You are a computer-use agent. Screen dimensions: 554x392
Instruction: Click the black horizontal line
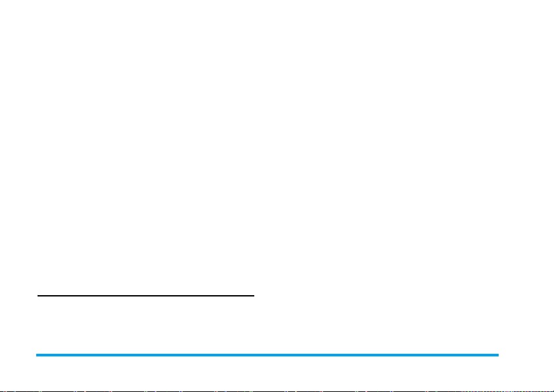tap(145, 296)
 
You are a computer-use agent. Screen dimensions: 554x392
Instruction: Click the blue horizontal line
tap(267, 355)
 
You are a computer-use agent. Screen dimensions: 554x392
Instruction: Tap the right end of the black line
tap(254, 296)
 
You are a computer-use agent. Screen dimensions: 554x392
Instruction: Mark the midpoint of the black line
tap(145, 296)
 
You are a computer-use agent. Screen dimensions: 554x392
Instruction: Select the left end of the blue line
tap(36, 355)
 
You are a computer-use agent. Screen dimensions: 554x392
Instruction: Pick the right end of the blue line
tap(499, 355)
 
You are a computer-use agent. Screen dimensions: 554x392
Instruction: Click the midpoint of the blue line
tap(267, 355)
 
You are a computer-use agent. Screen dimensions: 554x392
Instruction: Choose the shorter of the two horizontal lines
tap(145, 296)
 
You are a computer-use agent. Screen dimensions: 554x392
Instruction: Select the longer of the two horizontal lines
tap(267, 355)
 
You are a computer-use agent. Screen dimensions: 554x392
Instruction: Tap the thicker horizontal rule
tap(267, 355)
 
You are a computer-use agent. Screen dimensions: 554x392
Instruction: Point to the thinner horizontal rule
tap(145, 296)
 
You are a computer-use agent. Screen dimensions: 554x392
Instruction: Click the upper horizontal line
tap(145, 296)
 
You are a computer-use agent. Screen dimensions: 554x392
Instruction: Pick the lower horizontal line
tap(267, 355)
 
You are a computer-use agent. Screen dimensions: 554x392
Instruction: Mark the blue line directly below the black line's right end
tap(254, 355)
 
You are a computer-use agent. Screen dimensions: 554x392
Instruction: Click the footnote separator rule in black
tap(145, 296)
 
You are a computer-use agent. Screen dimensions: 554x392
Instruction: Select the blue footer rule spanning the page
tap(267, 355)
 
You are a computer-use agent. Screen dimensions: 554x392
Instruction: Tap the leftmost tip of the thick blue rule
tap(36, 355)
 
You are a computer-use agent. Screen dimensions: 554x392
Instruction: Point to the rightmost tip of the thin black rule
tap(254, 296)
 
